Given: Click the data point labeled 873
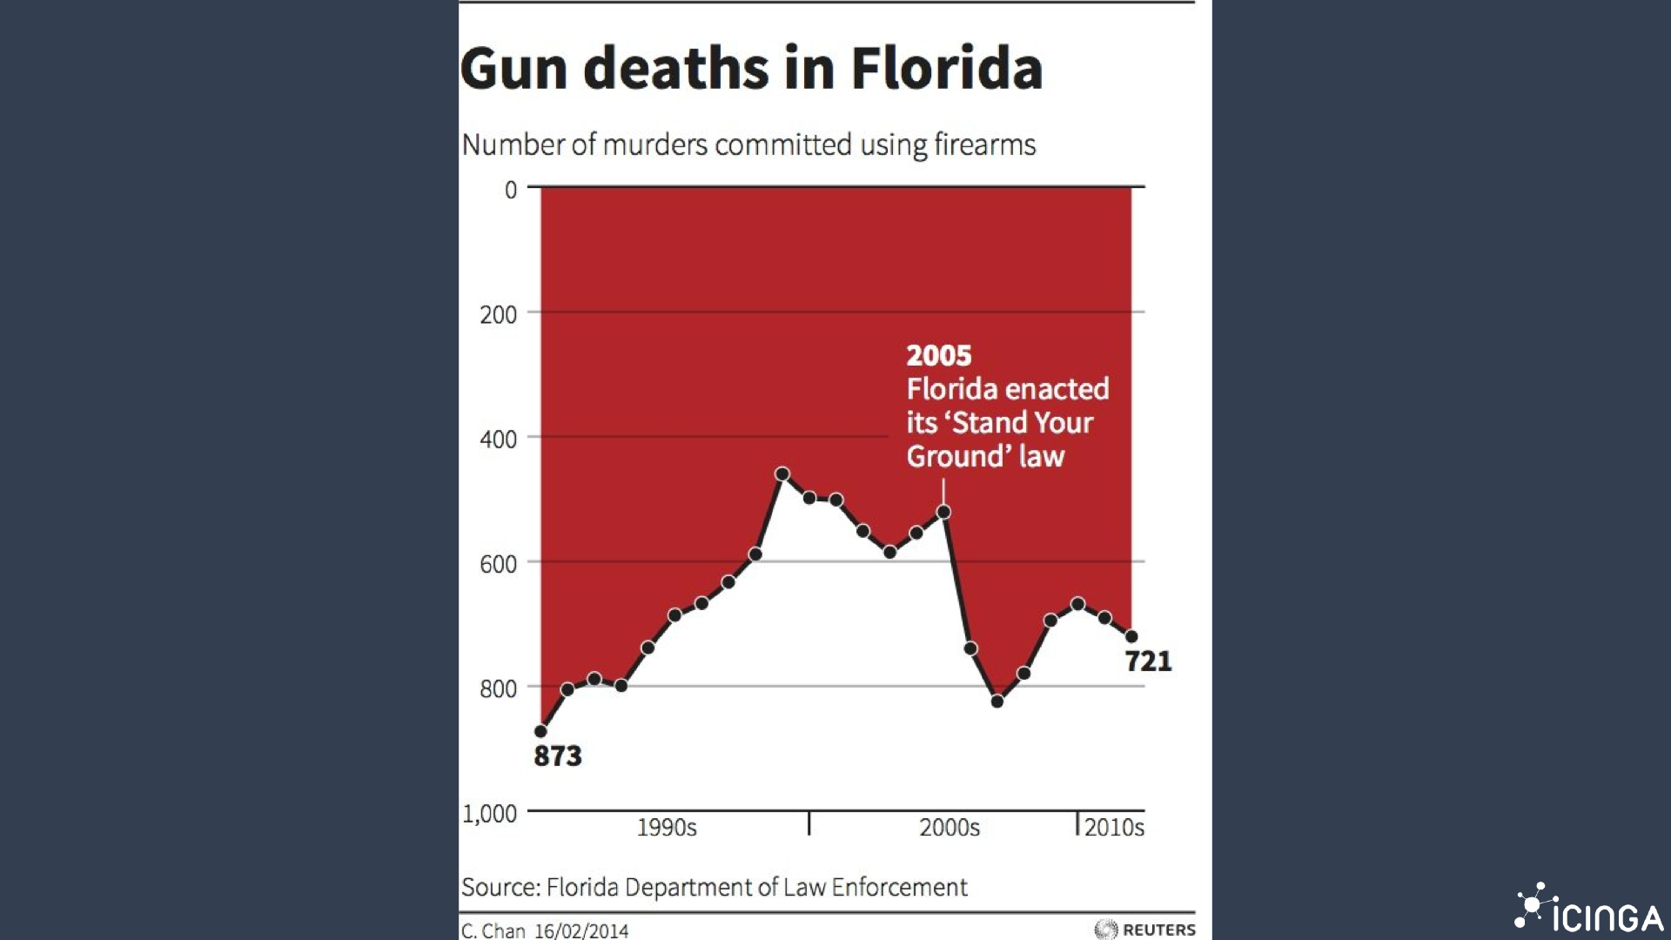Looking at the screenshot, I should pos(541,731).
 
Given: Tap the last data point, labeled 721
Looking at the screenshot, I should pos(1131,636).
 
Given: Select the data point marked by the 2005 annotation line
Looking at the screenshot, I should pos(943,513).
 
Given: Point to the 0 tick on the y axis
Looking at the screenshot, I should pos(511,190).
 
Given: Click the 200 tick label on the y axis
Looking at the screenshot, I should pos(499,314).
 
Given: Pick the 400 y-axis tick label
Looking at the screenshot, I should pos(499,440).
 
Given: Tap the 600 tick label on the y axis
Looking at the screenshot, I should pos(499,564).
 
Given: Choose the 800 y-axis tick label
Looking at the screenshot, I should pos(499,688).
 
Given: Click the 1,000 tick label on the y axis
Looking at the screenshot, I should pos(490,814).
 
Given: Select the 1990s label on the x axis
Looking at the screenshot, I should pos(667,827).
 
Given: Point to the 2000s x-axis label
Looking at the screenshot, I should pos(950,827).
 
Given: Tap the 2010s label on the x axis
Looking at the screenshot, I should pos(1114,827).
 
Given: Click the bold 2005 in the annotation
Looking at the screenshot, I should pos(938,355).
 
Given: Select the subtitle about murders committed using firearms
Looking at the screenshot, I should pos(748,144).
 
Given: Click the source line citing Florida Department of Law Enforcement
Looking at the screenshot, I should pos(714,887).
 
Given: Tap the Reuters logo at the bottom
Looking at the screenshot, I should pos(1145,930).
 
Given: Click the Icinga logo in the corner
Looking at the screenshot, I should pos(1588,910).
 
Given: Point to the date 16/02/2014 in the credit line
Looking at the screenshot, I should pos(581,930).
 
